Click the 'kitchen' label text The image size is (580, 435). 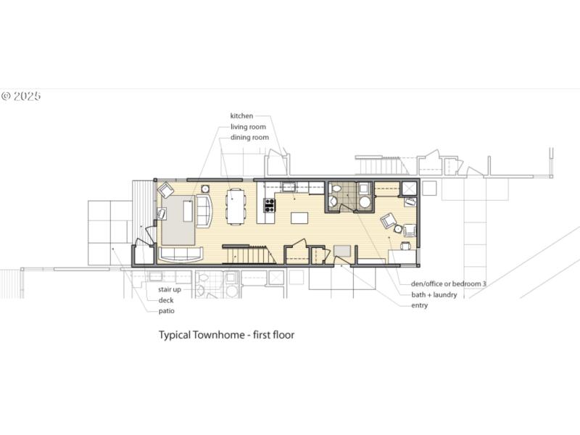pos(241,116)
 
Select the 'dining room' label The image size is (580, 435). pos(249,137)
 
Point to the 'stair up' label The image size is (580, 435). pos(169,289)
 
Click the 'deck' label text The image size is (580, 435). pos(166,300)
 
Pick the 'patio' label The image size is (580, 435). pos(167,311)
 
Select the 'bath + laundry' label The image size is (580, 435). pos(434,294)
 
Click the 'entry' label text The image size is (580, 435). pos(419,305)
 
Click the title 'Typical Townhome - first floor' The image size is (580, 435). pos(226,335)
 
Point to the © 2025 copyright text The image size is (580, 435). pos(21,96)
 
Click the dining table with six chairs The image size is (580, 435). pos(236,205)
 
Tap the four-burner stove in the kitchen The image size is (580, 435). pos(269,204)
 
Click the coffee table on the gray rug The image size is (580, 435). pos(188,211)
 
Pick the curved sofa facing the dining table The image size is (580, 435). pos(204,211)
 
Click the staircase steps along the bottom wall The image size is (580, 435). pos(249,254)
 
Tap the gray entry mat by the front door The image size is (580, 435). pos(341,251)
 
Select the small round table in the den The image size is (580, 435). pos(398,229)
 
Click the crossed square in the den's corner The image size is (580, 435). pos(410,188)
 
